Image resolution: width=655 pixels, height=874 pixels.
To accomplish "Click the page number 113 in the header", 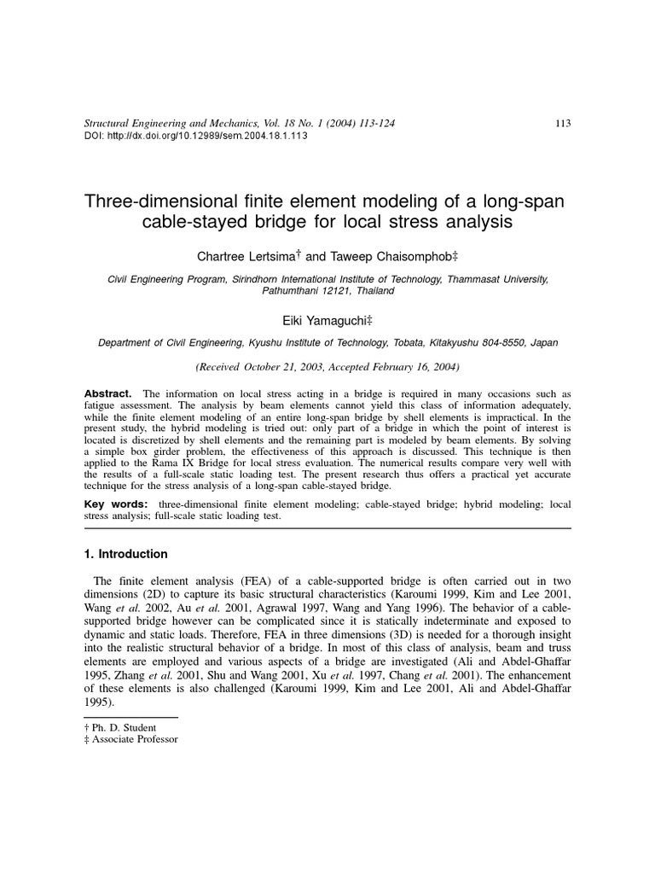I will [x=562, y=123].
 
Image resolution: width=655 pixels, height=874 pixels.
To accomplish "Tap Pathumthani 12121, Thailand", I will [x=327, y=290].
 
